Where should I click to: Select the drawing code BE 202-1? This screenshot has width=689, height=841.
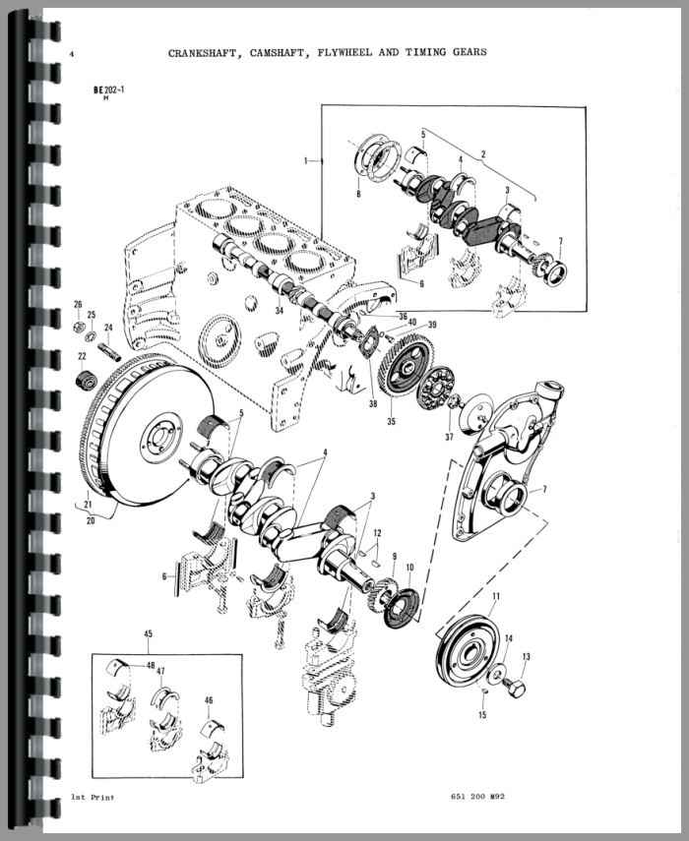109,90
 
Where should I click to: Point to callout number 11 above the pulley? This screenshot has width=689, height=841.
496,596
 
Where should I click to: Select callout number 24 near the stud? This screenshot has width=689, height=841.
108,328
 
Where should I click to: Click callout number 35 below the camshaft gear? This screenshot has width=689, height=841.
391,421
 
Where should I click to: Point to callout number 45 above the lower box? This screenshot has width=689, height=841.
148,633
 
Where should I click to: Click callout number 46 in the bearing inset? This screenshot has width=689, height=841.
209,700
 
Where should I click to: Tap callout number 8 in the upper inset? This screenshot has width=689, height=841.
358,194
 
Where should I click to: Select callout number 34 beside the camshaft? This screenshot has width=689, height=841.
279,311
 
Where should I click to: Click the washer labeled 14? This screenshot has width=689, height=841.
496,673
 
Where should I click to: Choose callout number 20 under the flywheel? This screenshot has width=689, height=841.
91,520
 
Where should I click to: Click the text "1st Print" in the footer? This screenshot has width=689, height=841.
92,798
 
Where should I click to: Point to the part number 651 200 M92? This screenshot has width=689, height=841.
473,797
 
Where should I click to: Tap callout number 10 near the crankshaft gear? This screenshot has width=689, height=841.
410,567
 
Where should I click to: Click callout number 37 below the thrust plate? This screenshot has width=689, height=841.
449,437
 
